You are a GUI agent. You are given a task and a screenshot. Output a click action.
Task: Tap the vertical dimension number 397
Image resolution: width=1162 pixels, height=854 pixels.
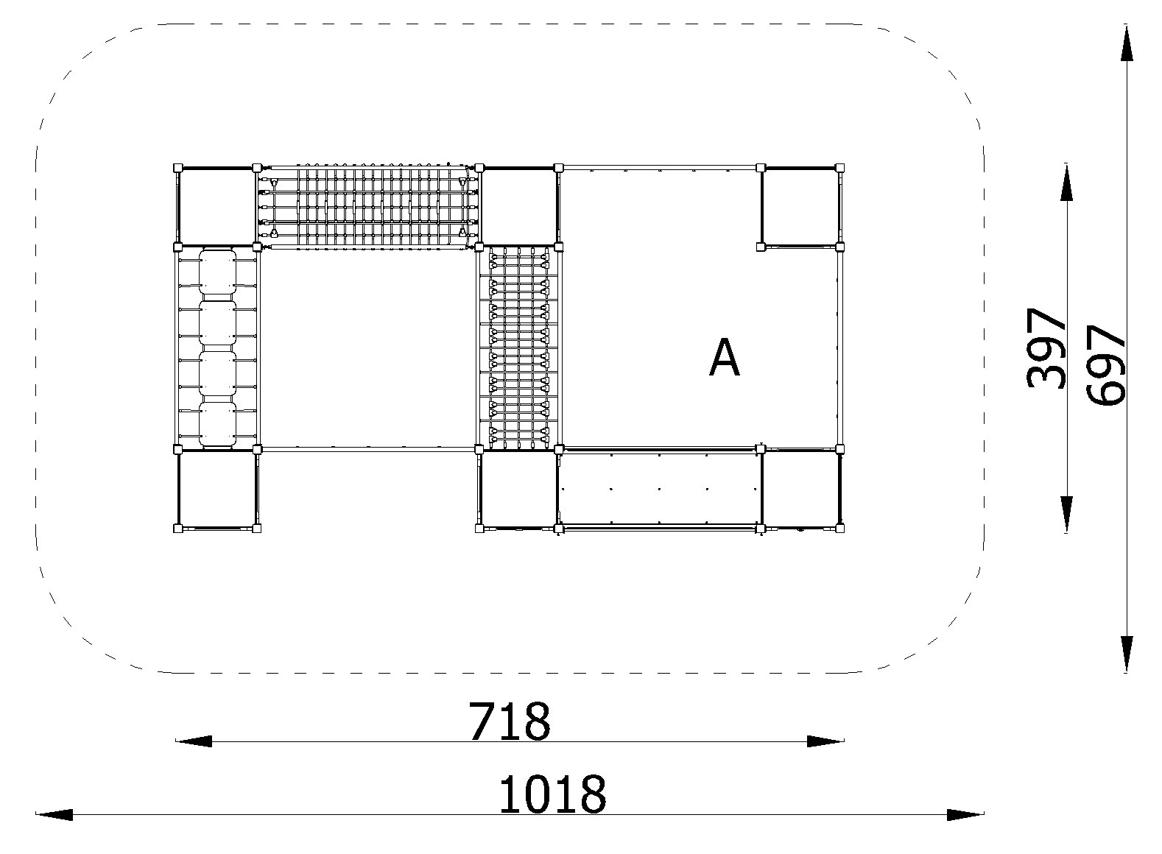(x=1046, y=348)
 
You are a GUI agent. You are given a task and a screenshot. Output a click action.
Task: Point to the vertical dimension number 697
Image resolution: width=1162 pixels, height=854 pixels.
(x=1106, y=364)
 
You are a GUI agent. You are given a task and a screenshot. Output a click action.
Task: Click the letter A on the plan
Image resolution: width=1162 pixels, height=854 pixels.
(x=724, y=357)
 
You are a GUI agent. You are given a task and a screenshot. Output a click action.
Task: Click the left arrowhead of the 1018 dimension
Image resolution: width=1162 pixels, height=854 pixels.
(x=54, y=814)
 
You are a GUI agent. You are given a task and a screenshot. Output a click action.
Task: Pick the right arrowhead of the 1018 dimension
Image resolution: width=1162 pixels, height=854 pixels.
(x=965, y=814)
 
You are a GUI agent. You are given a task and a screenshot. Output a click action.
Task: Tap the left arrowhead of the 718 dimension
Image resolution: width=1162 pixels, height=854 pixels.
(x=194, y=741)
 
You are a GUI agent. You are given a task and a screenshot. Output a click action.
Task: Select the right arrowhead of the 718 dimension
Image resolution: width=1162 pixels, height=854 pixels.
(x=825, y=741)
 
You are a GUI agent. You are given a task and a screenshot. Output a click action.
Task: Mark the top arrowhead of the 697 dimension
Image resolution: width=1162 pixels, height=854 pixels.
(x=1126, y=43)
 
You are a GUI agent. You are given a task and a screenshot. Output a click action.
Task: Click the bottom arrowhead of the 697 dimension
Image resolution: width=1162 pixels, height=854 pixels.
(x=1126, y=654)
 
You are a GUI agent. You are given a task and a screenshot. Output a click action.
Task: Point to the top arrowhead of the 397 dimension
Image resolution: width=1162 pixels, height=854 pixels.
(x=1066, y=182)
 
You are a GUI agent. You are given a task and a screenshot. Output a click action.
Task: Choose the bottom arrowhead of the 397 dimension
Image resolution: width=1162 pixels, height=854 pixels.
(x=1066, y=515)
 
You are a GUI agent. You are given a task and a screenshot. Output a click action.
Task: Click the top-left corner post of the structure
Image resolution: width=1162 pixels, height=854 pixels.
(x=177, y=167)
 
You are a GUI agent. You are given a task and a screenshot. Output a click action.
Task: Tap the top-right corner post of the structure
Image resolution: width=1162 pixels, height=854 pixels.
(x=840, y=167)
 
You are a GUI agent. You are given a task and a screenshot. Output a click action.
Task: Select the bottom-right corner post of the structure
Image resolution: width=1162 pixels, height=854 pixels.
(x=840, y=529)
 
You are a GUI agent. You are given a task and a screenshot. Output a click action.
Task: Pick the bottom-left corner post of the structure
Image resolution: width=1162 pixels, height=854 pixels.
(x=177, y=529)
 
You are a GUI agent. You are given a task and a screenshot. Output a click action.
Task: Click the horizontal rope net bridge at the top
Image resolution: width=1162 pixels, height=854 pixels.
(x=367, y=208)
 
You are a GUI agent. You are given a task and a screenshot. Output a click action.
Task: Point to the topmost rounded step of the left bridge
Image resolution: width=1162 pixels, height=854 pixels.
(x=217, y=272)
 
